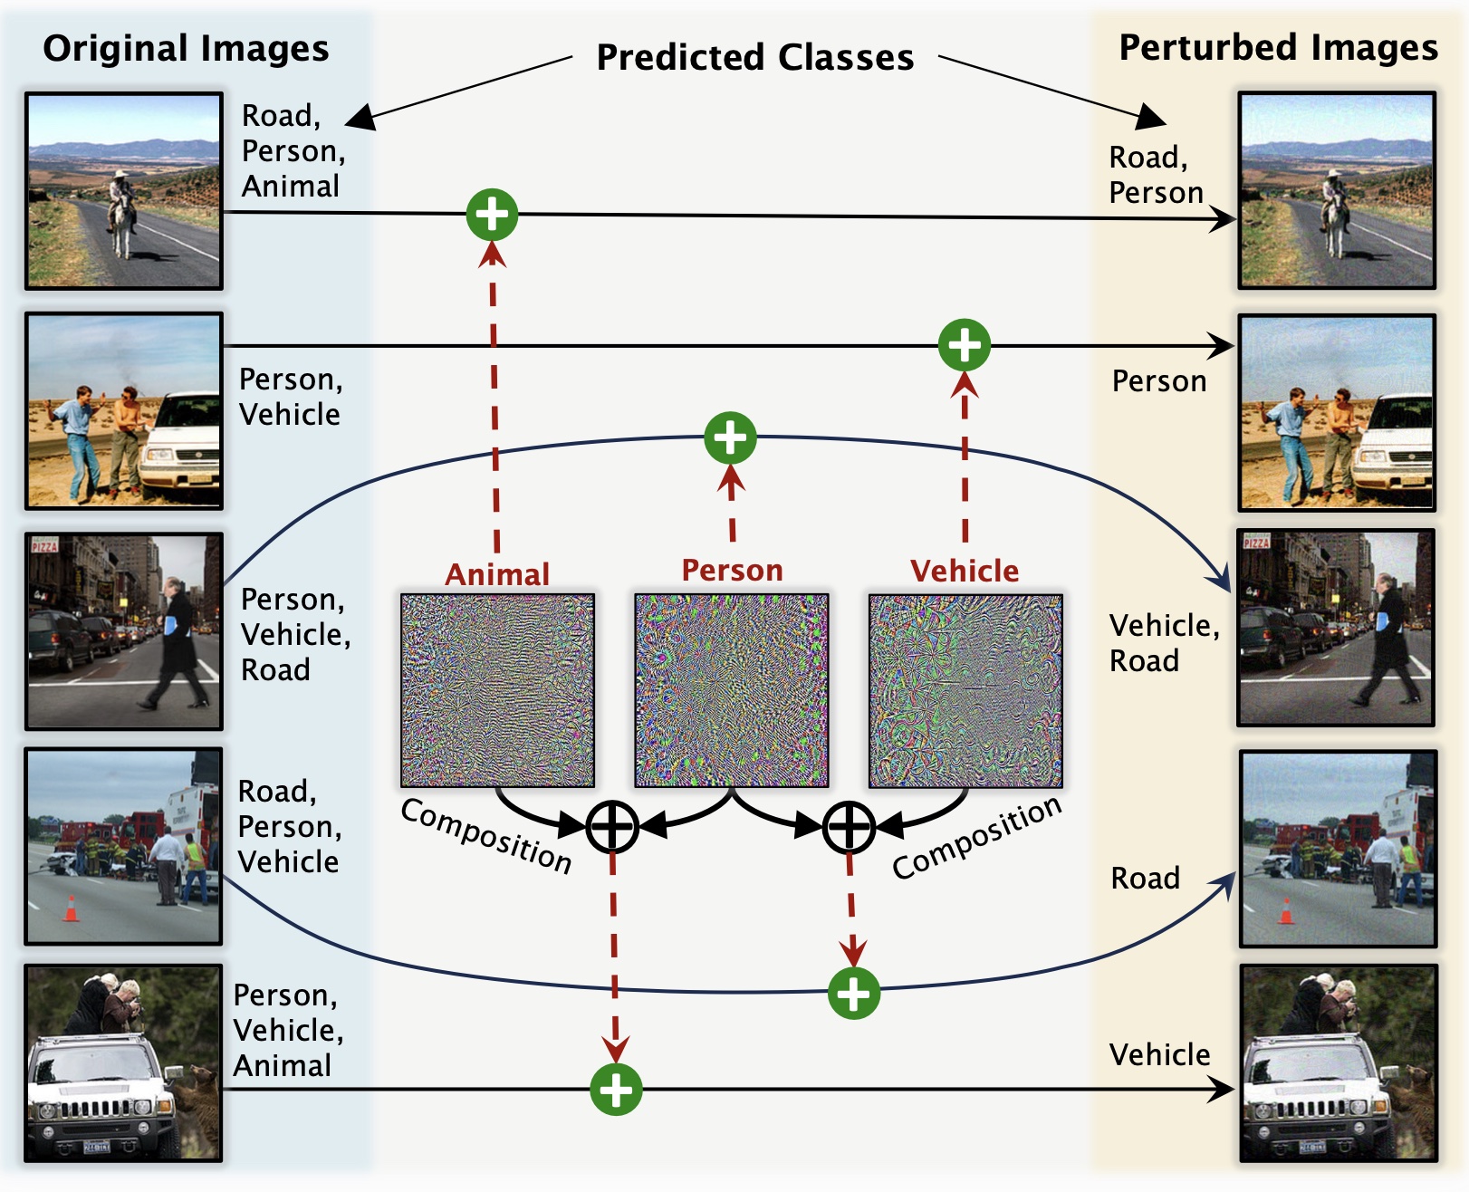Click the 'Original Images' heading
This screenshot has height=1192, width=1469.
(x=186, y=48)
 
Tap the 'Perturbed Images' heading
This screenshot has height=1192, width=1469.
(x=1278, y=47)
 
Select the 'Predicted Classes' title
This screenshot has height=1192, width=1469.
(x=754, y=57)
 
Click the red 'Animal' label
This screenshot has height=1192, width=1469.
(x=497, y=574)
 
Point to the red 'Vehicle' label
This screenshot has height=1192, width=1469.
(x=965, y=571)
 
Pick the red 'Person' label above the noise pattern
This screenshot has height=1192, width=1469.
(x=732, y=570)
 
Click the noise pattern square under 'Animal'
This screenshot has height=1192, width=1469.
(x=498, y=690)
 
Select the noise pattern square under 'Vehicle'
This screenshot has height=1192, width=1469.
(x=965, y=690)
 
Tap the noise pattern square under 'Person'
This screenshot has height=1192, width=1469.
(x=732, y=690)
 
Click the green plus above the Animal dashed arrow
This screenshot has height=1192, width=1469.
(x=492, y=215)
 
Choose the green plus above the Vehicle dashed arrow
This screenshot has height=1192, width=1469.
(x=965, y=344)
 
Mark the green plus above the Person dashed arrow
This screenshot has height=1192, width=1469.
(x=730, y=437)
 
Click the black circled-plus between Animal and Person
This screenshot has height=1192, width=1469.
(x=612, y=826)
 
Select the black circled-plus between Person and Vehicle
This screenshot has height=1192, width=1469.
(x=848, y=826)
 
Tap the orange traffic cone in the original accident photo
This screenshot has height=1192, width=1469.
(x=71, y=908)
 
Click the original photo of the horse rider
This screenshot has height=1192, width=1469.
(x=124, y=190)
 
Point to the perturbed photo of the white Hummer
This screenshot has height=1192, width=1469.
(x=1339, y=1062)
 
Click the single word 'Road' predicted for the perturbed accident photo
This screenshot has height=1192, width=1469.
(x=1145, y=878)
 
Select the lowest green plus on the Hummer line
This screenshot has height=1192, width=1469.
(x=616, y=1089)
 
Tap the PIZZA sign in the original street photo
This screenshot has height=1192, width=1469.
(x=44, y=545)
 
